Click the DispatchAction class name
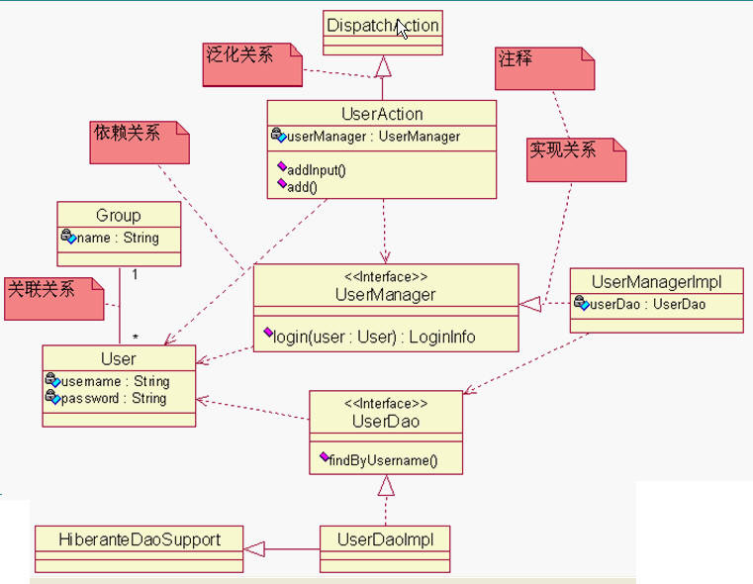pyautogui.click(x=382, y=25)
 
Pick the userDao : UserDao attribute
pyautogui.click(x=648, y=305)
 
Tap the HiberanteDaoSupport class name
pyautogui.click(x=139, y=539)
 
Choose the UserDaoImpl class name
pyautogui.click(x=385, y=539)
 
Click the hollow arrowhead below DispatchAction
pyautogui.click(x=382, y=66)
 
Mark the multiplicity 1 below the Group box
pyautogui.click(x=135, y=275)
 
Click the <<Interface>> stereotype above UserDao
pyautogui.click(x=386, y=404)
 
